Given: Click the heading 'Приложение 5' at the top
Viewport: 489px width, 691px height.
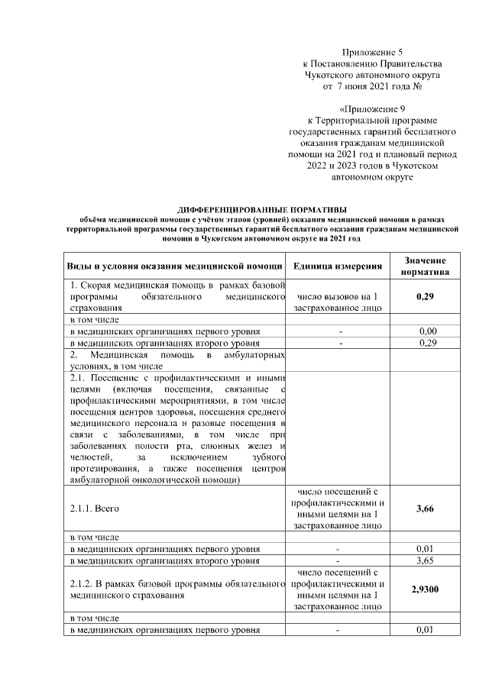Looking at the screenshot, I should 372,51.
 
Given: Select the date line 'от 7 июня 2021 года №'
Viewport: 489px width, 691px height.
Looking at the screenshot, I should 372,86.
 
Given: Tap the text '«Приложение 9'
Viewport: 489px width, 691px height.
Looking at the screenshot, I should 372,109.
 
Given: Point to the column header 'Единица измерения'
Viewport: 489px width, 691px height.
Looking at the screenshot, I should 337,266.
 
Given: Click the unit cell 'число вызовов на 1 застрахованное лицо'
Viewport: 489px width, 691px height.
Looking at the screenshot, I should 337,302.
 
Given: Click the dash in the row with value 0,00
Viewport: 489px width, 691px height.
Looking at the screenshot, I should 337,331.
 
